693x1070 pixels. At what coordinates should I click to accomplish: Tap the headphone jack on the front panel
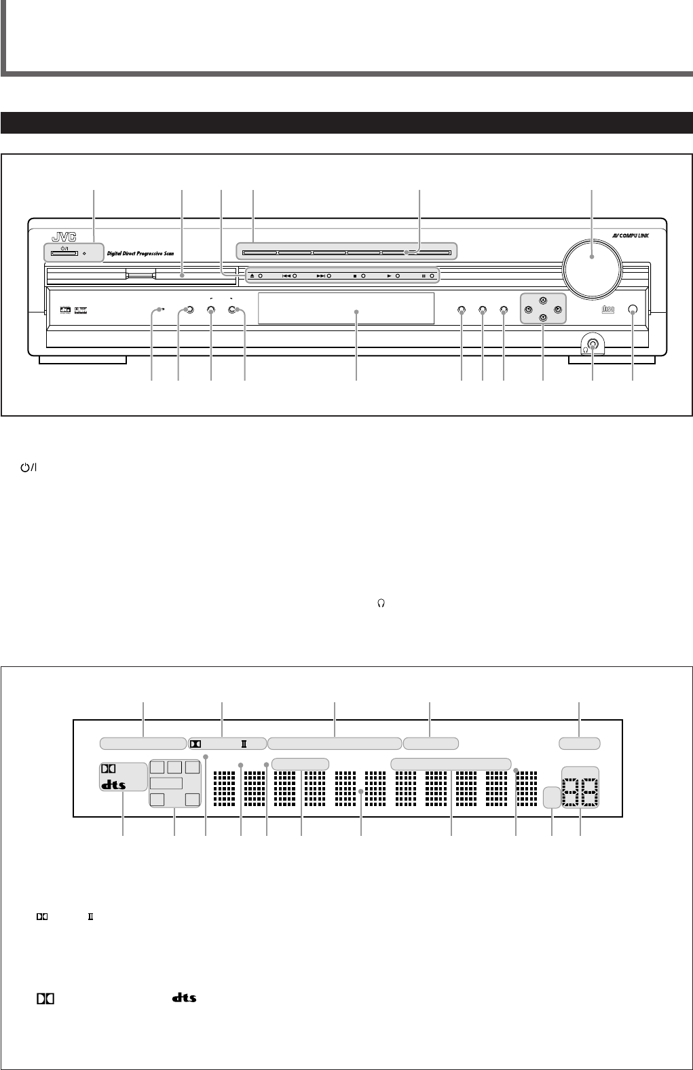coord(593,344)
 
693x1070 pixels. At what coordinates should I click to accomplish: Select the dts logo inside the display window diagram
coord(113,786)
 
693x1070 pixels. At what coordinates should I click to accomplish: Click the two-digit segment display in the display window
coord(580,788)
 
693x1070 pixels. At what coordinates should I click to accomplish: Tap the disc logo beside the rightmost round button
coord(607,310)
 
